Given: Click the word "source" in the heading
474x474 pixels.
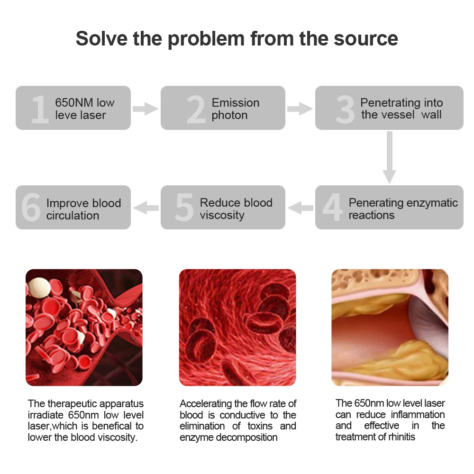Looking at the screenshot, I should pyautogui.click(x=366, y=38).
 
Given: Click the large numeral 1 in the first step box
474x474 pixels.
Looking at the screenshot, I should pyautogui.click(x=39, y=109).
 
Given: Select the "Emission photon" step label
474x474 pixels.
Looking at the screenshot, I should pyautogui.click(x=236, y=109).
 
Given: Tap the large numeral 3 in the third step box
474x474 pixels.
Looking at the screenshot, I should pyautogui.click(x=345, y=109).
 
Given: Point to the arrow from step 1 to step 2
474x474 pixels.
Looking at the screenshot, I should pyautogui.click(x=145, y=109).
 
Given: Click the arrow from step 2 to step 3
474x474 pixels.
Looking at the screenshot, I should pyautogui.click(x=300, y=109).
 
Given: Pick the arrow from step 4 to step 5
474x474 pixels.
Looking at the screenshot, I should pyautogui.click(x=301, y=208).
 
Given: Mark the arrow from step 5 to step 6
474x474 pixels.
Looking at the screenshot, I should pyautogui.click(x=146, y=208).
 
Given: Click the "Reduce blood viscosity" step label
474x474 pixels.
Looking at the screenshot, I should pyautogui.click(x=236, y=209).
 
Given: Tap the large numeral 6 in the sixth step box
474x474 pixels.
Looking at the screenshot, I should pyautogui.click(x=31, y=208).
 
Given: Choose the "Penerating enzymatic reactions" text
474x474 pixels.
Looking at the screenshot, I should pyautogui.click(x=403, y=209).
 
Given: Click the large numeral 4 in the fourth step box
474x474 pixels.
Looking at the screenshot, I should pyautogui.click(x=332, y=208).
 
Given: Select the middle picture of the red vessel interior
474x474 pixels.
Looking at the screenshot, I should pyautogui.click(x=237, y=327).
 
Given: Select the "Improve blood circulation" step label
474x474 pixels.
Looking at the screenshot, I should pyautogui.click(x=83, y=210).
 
